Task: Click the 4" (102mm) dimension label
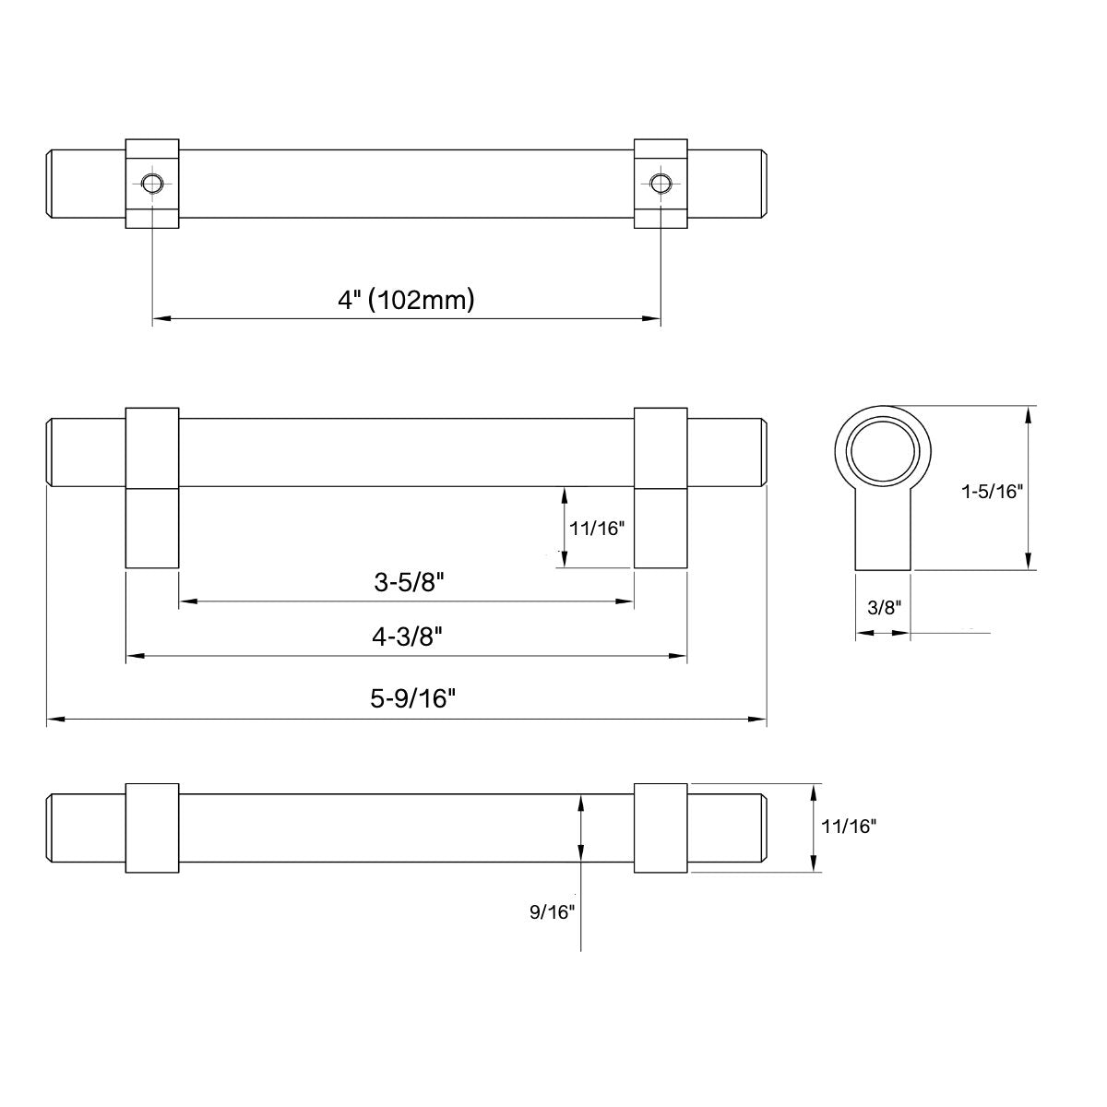[406, 300]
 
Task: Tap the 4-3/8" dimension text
[408, 637]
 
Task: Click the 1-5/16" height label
[992, 491]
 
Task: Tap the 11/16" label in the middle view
[598, 529]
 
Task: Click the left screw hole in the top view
[151, 183]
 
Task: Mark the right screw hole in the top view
[660, 183]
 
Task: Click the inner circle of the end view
[884, 455]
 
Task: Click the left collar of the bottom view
[151, 828]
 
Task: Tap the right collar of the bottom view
[661, 828]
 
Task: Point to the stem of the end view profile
[884, 535]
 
